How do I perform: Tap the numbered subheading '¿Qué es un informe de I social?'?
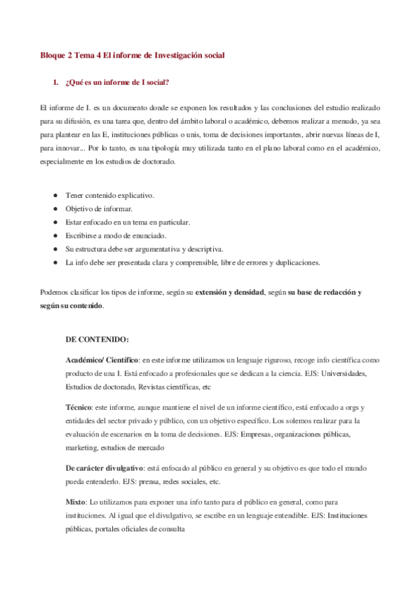pyautogui.click(x=116, y=83)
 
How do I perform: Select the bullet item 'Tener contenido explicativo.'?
pyautogui.click(x=110, y=195)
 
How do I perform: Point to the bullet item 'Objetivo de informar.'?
pyautogui.click(x=99, y=208)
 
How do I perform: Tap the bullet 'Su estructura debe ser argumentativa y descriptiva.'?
pyautogui.click(x=144, y=248)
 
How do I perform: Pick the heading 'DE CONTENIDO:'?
pyautogui.click(x=97, y=340)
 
